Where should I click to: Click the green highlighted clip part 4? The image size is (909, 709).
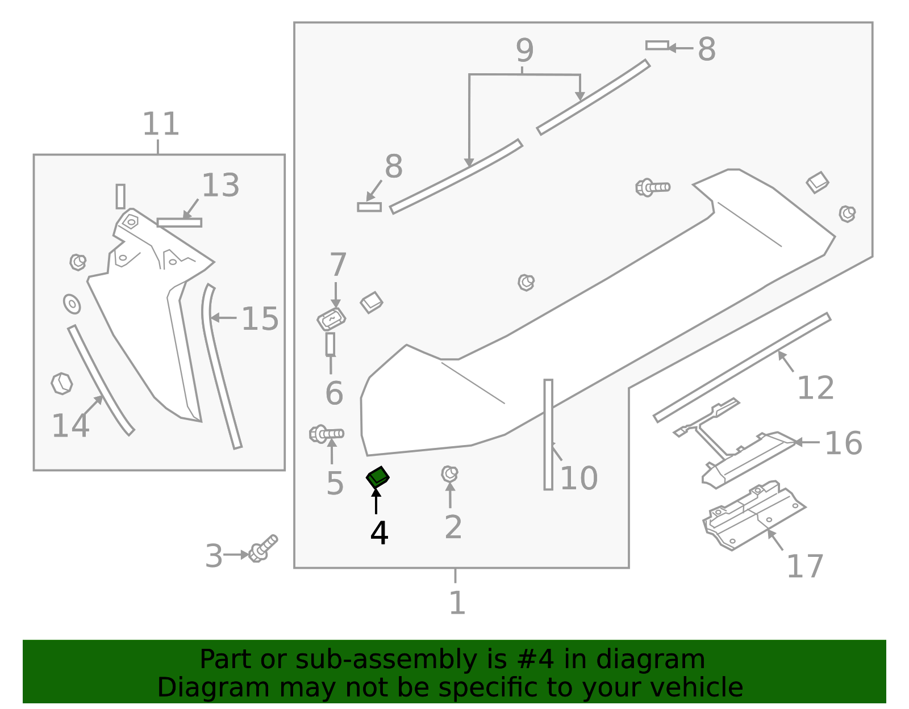click(x=377, y=477)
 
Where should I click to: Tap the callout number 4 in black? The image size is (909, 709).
click(x=379, y=533)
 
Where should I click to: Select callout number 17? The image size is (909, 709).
click(x=804, y=566)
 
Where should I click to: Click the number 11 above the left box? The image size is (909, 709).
click(x=160, y=124)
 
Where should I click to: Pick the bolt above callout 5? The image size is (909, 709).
click(x=326, y=434)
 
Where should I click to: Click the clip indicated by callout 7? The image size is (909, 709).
click(x=332, y=320)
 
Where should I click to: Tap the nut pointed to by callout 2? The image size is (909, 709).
click(x=449, y=473)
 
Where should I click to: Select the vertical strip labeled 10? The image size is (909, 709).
click(x=548, y=434)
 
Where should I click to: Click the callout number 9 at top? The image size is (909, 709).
click(x=524, y=51)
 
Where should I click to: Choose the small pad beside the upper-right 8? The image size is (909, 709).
click(x=657, y=45)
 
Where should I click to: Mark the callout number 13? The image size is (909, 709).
click(x=220, y=186)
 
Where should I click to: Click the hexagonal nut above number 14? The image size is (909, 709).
click(x=61, y=384)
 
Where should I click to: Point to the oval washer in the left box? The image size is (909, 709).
click(x=72, y=304)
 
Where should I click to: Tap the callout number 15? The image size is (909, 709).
click(x=260, y=319)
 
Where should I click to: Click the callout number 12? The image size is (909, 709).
click(x=815, y=388)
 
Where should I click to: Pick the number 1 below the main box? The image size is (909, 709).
click(x=457, y=603)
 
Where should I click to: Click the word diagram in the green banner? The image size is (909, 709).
click(x=662, y=660)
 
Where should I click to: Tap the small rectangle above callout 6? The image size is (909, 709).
click(x=330, y=345)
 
